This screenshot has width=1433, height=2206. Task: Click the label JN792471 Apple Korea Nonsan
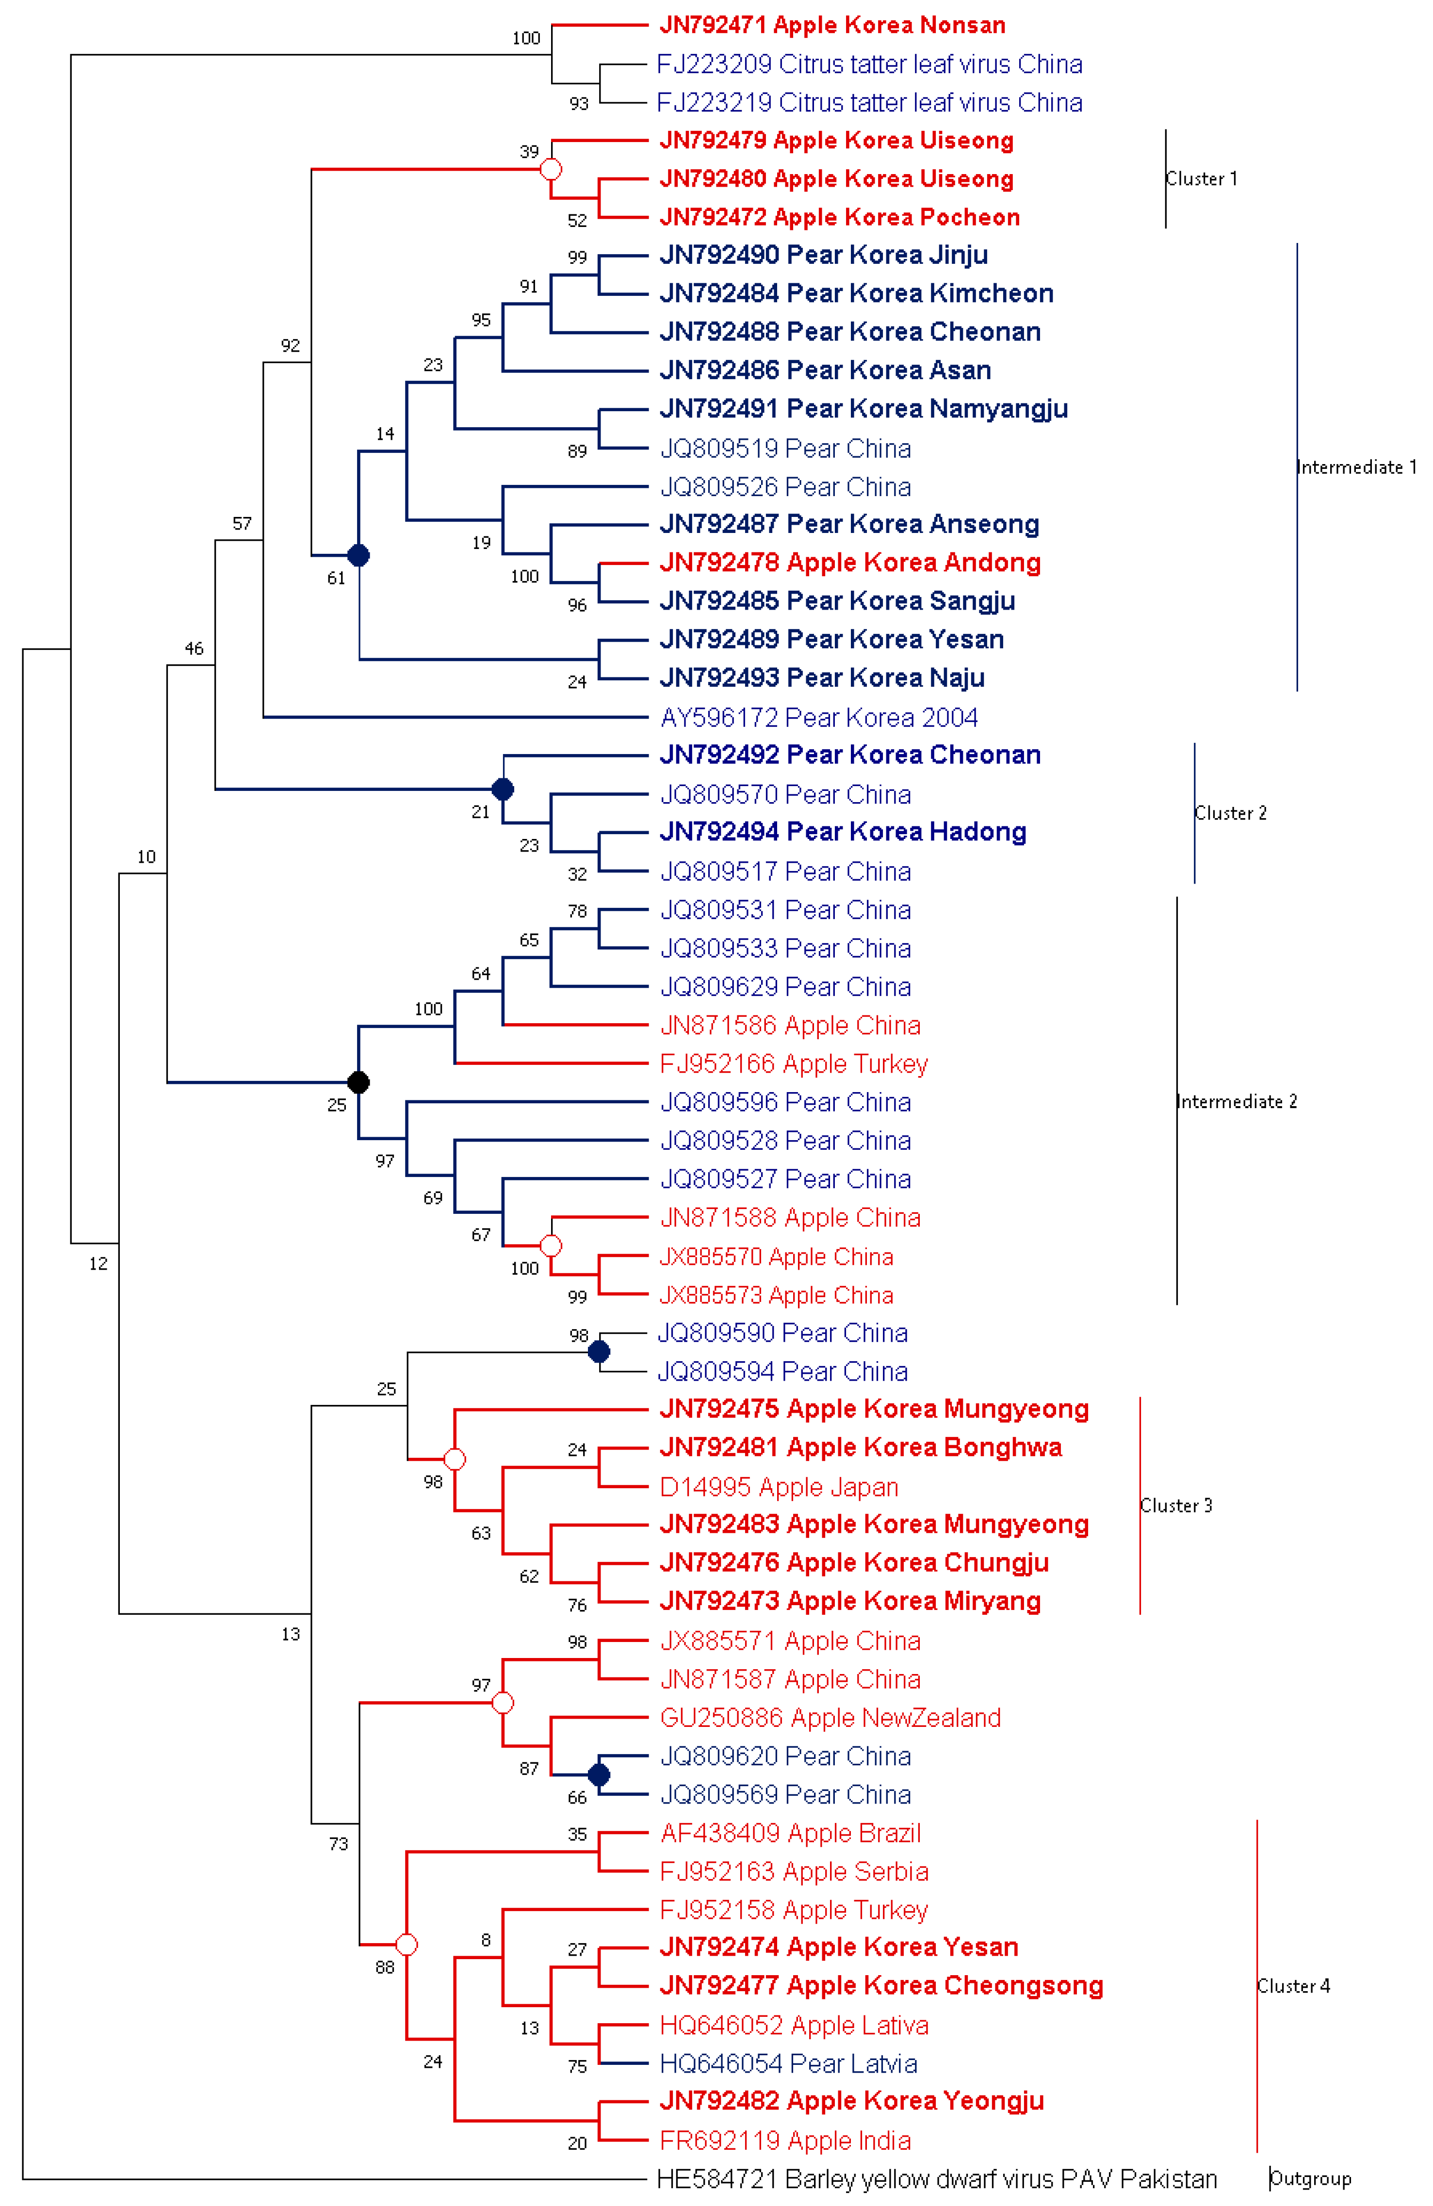click(831, 25)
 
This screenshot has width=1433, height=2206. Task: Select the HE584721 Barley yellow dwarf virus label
click(936, 2178)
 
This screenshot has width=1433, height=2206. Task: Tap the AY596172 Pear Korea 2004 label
click(818, 717)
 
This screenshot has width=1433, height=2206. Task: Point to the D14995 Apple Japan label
click(779, 1487)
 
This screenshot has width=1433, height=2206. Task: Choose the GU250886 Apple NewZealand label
click(830, 1718)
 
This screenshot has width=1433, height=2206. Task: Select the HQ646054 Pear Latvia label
click(788, 2063)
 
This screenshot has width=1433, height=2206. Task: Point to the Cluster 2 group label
click(1230, 813)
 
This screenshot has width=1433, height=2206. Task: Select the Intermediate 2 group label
click(1237, 1101)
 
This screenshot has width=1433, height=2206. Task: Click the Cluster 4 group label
click(1293, 1985)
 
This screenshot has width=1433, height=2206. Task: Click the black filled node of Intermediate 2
click(358, 1082)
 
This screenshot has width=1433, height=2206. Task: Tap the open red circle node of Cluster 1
click(551, 169)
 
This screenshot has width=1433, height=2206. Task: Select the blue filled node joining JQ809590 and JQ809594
click(599, 1352)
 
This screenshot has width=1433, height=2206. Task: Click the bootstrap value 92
click(290, 346)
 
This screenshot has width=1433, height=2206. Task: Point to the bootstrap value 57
click(242, 524)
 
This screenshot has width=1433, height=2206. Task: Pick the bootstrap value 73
click(338, 1844)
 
